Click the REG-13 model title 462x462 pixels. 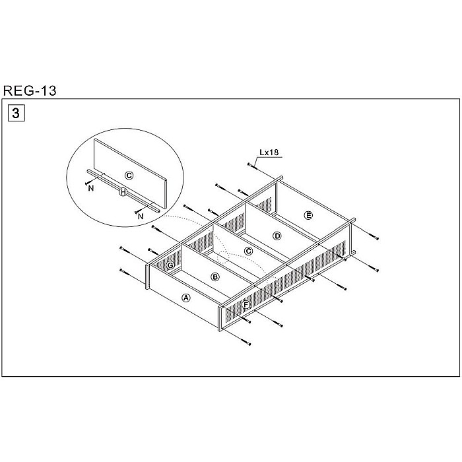click(x=30, y=91)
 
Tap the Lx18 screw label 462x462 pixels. click(x=269, y=152)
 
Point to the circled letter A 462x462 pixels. click(x=186, y=298)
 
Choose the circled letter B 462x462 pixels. click(x=214, y=277)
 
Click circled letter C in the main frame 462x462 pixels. click(x=248, y=251)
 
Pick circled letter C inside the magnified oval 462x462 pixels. click(x=129, y=175)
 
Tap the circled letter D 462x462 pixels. click(x=277, y=236)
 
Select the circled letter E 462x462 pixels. click(x=308, y=214)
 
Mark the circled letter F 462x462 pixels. click(x=246, y=305)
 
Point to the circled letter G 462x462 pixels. click(x=170, y=265)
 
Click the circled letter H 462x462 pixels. click(x=123, y=192)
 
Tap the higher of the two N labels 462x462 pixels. click(x=89, y=187)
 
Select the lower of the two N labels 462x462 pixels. click(x=141, y=216)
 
